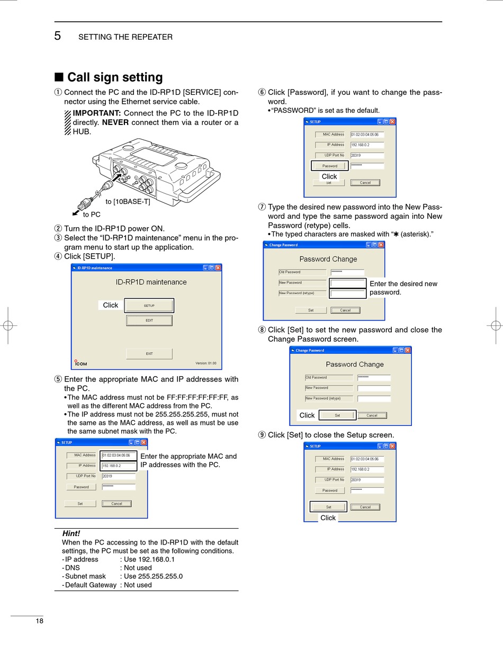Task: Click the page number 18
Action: tap(40, 621)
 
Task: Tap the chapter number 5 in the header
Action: tap(58, 36)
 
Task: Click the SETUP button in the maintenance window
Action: tap(149, 306)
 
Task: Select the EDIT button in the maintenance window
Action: tap(149, 320)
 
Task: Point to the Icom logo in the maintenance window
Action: tap(80, 363)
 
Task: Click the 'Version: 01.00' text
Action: tap(205, 363)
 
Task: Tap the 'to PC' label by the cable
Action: tap(92, 215)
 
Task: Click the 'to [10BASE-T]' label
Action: tap(128, 202)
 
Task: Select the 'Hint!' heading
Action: tap(71, 533)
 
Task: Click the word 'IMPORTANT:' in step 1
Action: tap(97, 113)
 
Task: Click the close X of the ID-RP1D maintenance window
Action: tap(218, 268)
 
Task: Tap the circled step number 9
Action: tap(262, 435)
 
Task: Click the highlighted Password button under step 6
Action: tap(329, 166)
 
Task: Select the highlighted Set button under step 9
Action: tap(328, 507)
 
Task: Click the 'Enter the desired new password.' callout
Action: tap(403, 288)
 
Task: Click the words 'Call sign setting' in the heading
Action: tap(115, 77)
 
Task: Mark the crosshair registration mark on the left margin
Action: tap(7, 325)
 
